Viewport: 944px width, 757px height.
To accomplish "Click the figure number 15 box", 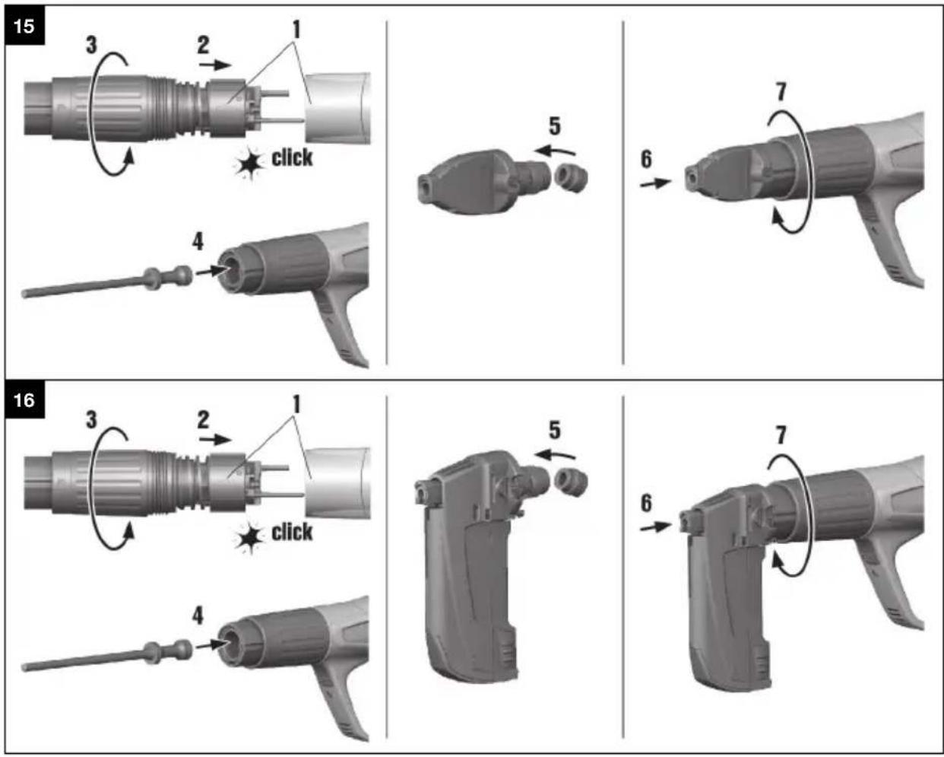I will tap(24, 27).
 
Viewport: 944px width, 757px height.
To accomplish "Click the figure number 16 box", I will tap(24, 399).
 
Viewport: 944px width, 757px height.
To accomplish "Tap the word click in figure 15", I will tap(292, 157).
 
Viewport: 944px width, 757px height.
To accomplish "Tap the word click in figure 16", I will tap(292, 532).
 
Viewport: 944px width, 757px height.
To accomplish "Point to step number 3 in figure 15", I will tap(91, 45).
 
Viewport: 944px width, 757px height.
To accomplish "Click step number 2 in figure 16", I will tap(202, 419).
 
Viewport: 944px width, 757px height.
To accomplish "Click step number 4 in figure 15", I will tap(198, 241).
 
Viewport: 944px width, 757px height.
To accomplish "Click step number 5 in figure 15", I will tap(554, 126).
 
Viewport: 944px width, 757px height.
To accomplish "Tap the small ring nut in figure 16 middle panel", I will tap(570, 480).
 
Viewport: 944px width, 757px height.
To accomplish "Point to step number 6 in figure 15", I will tap(646, 159).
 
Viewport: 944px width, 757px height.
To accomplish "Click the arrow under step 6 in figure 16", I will tap(655, 526).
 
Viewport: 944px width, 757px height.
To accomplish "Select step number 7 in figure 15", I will tap(781, 92).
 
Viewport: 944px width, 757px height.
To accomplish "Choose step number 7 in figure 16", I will tap(781, 435).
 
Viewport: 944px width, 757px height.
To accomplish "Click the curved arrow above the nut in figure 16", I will tap(554, 455).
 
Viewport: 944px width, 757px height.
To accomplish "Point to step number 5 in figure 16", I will tap(554, 430).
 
